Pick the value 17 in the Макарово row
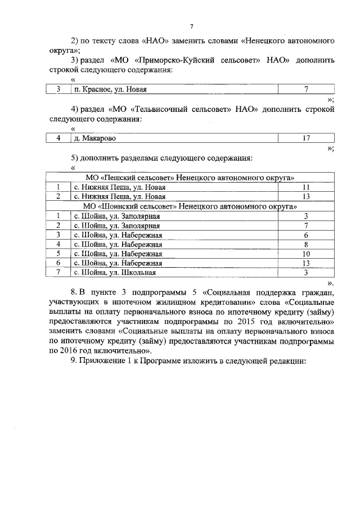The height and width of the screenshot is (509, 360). pos(307,138)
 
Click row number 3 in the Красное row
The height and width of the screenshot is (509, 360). pos(58,89)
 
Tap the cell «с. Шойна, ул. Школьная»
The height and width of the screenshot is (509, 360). pos(115,273)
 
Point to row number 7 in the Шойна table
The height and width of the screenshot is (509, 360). pos(58,273)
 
